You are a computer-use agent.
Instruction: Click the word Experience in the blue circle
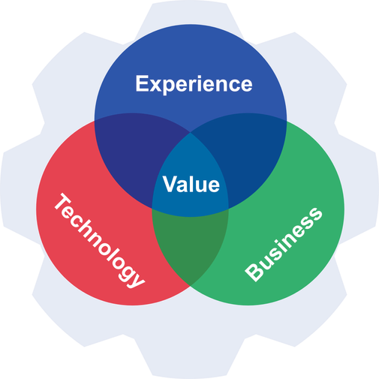tap(194, 84)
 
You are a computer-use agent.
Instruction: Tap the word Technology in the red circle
tap(99, 240)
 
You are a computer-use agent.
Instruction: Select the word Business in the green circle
tap(284, 245)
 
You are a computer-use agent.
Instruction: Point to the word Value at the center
tap(191, 184)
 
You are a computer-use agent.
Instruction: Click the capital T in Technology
tap(62, 202)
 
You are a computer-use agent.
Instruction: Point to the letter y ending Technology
tap(137, 279)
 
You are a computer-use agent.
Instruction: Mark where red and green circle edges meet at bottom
tap(191, 286)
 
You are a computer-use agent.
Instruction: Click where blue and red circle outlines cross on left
tap(95, 121)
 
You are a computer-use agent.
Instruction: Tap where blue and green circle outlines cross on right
tap(287, 121)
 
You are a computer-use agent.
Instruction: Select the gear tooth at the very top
tap(189, 14)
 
